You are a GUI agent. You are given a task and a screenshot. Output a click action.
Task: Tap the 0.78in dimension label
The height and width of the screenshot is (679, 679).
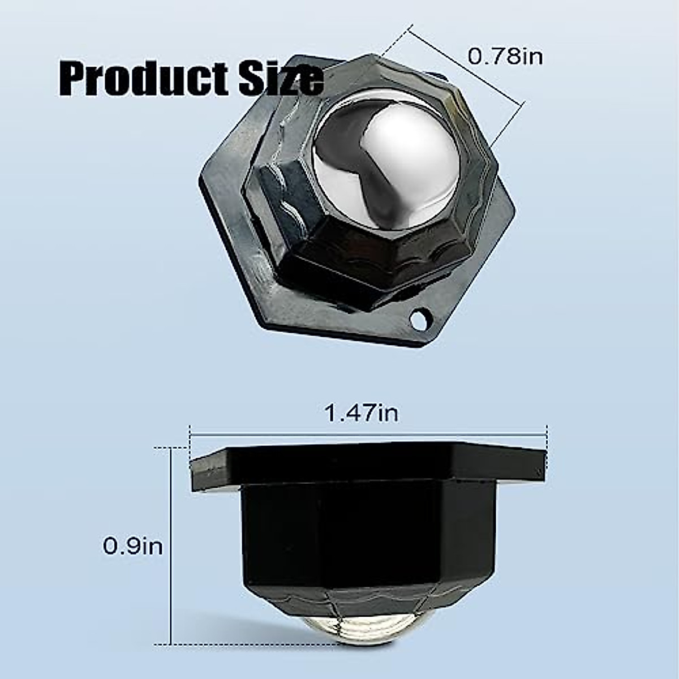(x=505, y=57)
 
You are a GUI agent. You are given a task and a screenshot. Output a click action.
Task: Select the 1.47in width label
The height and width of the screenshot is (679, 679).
(x=361, y=413)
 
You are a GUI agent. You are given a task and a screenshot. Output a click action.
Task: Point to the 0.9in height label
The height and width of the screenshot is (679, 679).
(x=132, y=547)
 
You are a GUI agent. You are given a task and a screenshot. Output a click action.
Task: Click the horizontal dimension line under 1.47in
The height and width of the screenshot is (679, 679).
(x=368, y=435)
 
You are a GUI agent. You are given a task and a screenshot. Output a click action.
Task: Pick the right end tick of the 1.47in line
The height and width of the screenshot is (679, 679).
(x=546, y=435)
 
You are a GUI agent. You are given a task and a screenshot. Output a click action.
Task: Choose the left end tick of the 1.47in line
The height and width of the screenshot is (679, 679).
(x=190, y=435)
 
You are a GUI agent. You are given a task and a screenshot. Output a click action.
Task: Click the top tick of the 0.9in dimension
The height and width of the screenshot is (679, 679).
(x=170, y=448)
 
